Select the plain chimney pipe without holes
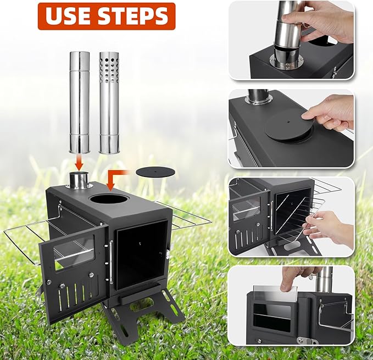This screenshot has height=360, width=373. coord(80,102)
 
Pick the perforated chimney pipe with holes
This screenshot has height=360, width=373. coord(109,102)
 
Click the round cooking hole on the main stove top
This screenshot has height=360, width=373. coord(110,198)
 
